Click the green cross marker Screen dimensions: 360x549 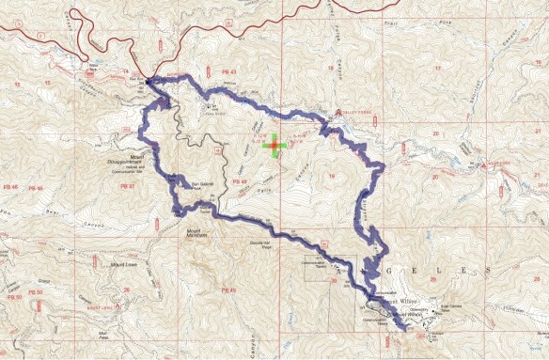point(274,146)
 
